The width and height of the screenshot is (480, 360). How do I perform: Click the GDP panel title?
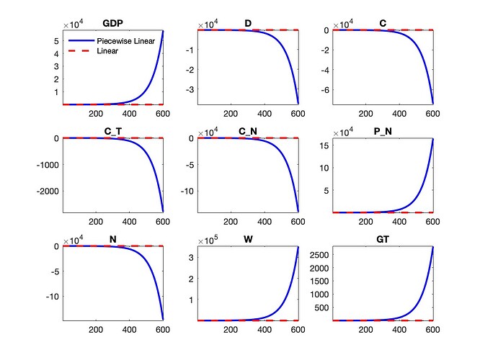click(x=112, y=24)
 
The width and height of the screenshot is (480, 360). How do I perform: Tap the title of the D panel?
click(x=248, y=24)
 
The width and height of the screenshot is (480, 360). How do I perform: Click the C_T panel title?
click(x=112, y=132)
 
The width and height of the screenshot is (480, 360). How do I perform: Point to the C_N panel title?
click(x=248, y=132)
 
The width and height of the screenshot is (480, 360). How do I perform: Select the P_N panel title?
click(x=383, y=132)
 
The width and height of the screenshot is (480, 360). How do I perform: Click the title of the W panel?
click(x=248, y=240)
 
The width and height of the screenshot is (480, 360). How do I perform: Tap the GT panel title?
click(x=383, y=240)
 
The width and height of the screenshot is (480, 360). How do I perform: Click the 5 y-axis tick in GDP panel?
click(x=56, y=41)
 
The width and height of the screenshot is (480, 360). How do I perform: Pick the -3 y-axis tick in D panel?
click(x=191, y=90)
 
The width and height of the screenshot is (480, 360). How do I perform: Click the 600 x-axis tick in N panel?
click(x=163, y=330)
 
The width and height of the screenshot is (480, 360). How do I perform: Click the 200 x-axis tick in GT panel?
click(x=365, y=330)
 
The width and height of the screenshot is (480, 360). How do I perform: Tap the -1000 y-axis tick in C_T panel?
click(x=48, y=165)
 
